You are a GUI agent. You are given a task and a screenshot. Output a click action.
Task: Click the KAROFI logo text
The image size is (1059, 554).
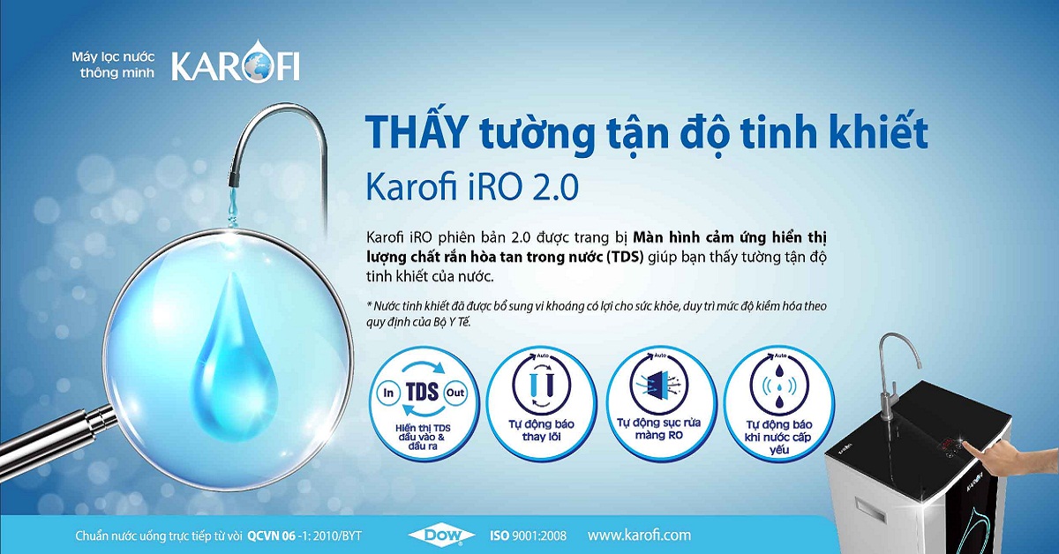234,66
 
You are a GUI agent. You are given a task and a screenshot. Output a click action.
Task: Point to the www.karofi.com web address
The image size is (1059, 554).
639,535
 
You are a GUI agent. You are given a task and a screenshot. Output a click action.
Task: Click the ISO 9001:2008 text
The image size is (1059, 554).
528,535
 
